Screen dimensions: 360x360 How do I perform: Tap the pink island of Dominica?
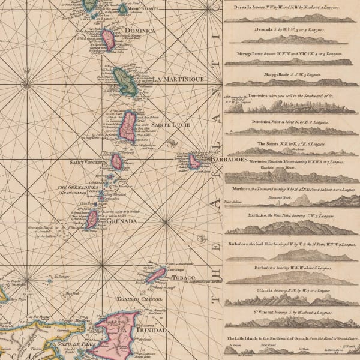(x=109, y=40)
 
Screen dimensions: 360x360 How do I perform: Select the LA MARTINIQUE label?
(x=178, y=79)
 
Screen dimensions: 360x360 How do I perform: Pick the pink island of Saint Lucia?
(x=128, y=127)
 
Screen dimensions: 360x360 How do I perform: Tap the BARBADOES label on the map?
(x=227, y=160)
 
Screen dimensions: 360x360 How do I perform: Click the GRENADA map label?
(x=122, y=221)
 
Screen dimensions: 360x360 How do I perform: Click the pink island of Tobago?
(x=155, y=275)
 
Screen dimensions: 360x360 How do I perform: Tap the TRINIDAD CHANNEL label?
(x=125, y=299)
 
